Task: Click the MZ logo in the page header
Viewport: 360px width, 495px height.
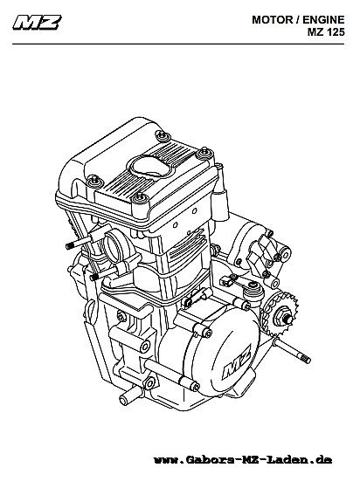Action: [x=37, y=23]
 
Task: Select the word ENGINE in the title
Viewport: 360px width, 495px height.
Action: [x=323, y=20]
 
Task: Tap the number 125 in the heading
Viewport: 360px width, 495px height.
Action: [x=335, y=32]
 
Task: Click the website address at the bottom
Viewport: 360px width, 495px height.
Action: [x=243, y=459]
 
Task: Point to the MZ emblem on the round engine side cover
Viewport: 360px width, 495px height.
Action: [x=237, y=361]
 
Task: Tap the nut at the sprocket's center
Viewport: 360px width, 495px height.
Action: [x=286, y=319]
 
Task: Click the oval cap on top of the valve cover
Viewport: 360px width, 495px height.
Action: [x=149, y=167]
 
